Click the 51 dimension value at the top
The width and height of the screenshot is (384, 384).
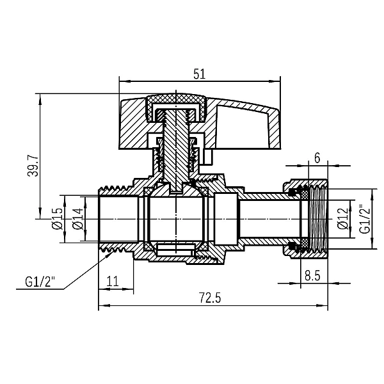click(x=198, y=74)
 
